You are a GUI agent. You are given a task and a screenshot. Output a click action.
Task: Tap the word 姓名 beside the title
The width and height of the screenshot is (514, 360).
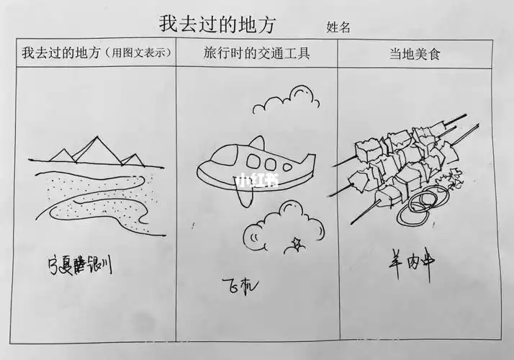[x=338, y=27]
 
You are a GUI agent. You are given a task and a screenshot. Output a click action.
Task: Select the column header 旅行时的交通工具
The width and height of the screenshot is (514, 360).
[x=257, y=53]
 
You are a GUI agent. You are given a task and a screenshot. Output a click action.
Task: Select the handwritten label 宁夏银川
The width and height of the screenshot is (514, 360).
[x=79, y=266]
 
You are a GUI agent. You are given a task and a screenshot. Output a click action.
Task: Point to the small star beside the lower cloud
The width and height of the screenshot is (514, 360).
[x=294, y=242]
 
